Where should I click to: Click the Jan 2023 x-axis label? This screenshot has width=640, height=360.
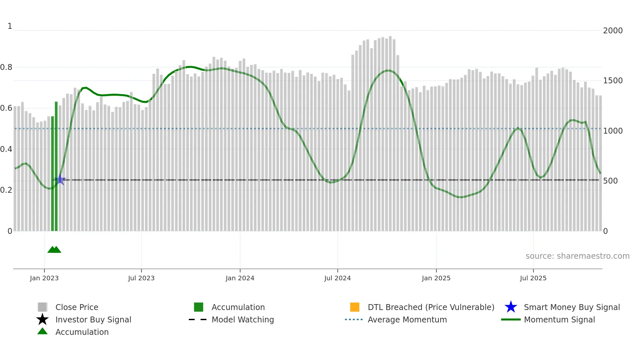[x=44, y=278]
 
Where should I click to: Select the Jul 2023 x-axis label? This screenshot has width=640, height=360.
[x=141, y=278]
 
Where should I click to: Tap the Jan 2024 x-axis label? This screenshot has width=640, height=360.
[x=240, y=278]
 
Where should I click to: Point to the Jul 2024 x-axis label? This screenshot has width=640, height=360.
[x=337, y=278]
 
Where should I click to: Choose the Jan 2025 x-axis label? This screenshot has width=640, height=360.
[x=436, y=278]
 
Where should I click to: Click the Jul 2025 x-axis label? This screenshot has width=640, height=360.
[x=533, y=278]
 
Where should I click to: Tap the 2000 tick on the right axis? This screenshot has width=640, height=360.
[x=613, y=31]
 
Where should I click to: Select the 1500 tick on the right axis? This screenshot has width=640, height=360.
[x=613, y=81]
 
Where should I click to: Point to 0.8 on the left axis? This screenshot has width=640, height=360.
[x=6, y=67]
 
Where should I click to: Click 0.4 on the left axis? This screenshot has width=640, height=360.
[x=6, y=149]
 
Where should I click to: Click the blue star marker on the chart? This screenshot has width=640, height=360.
[x=60, y=179]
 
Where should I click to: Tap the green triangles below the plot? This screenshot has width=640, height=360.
[x=54, y=250]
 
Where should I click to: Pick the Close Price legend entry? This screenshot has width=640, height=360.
[x=76, y=307]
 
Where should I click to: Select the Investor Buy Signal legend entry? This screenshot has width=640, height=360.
[x=93, y=319]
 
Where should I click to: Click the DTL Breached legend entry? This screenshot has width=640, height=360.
[x=431, y=307]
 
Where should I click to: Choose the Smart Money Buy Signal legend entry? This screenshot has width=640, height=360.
[x=571, y=307]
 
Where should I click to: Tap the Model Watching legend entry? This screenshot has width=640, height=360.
[x=242, y=319]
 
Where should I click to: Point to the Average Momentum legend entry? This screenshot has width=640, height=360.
[x=407, y=319]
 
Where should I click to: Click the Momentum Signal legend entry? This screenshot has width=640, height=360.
[x=559, y=319]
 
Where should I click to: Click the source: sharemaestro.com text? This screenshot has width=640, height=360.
[x=577, y=256]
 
